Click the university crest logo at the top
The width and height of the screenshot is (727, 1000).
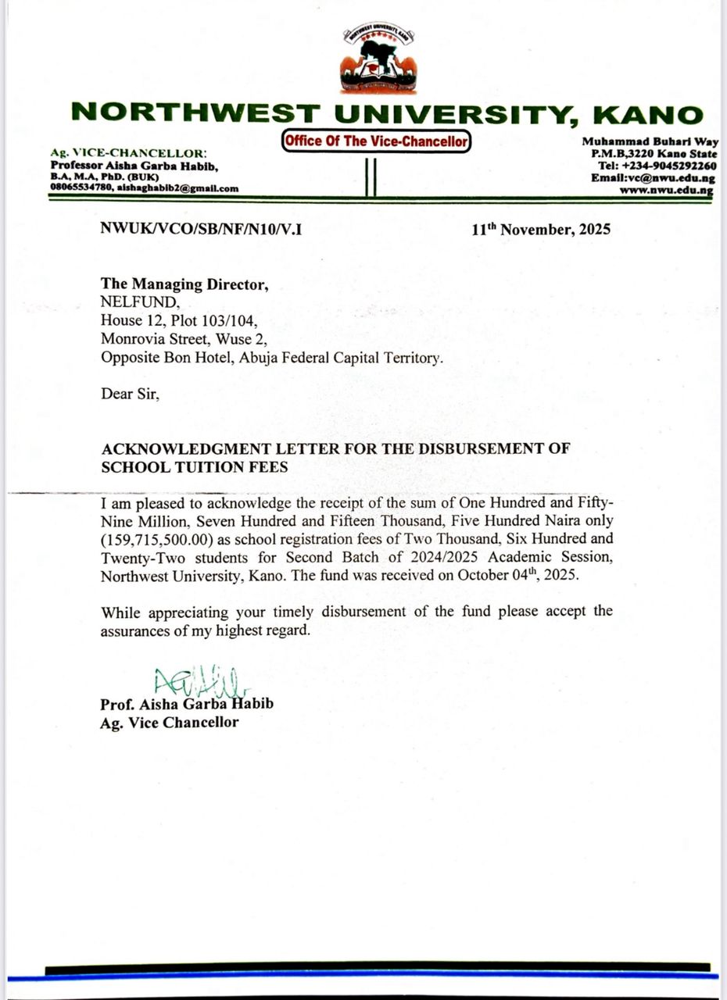[x=378, y=60]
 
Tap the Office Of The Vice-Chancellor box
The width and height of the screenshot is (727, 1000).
[x=376, y=141]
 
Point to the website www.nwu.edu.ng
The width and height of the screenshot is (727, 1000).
[x=666, y=190]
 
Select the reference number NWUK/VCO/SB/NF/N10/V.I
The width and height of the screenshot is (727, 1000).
[x=201, y=229]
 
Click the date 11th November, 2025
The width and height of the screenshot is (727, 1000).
[x=541, y=230]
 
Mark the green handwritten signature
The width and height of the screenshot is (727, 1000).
[x=200, y=680]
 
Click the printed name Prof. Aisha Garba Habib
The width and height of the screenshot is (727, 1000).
[x=187, y=705]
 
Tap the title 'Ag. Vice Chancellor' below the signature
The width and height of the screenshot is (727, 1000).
[x=170, y=723]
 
